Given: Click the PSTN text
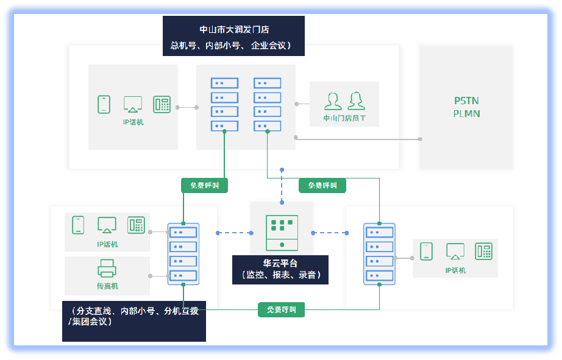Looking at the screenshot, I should (466, 101).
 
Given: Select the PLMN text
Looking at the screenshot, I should (466, 113).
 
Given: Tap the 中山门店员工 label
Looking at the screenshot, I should (344, 118).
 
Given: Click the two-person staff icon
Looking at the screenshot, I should (344, 100).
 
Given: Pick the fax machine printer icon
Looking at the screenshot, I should (107, 268).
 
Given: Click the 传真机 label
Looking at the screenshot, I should (107, 286).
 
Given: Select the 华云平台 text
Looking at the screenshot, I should (280, 264).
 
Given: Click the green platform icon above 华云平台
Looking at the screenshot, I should (282, 232).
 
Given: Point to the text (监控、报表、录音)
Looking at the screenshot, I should (280, 275).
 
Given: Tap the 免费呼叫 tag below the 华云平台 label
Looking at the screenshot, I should (281, 309).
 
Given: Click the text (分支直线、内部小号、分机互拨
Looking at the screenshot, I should (134, 310).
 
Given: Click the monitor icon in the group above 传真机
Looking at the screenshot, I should (107, 225).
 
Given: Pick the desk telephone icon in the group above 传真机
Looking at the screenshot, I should (136, 225).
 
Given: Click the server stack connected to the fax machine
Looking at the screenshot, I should (183, 253).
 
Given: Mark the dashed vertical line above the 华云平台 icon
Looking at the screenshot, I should (282, 186).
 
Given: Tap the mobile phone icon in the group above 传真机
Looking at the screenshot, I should (78, 225).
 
